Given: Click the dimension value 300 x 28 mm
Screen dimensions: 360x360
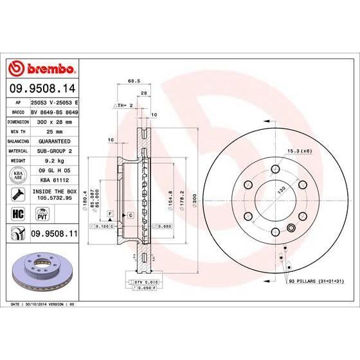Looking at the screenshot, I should tap(53, 121).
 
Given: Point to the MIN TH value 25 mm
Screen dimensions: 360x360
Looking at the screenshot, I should tap(53, 130).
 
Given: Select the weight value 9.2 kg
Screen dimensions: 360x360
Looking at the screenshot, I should tap(53, 160).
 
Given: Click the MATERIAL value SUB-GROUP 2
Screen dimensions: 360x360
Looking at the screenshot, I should tap(53, 150).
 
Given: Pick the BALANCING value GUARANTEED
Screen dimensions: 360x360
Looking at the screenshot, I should tap(53, 140).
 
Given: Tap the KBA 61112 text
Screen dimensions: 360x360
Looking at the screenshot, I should tap(53, 181).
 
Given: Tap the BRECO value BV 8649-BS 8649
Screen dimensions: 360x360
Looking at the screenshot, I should tap(53, 111).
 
